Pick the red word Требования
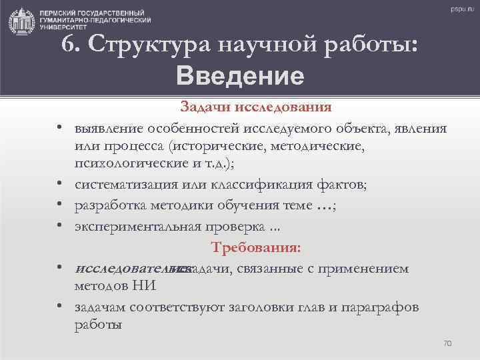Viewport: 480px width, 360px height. coord(256,248)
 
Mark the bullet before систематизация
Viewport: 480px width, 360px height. coord(60,185)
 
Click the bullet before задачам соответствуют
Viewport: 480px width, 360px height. coord(60,307)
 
